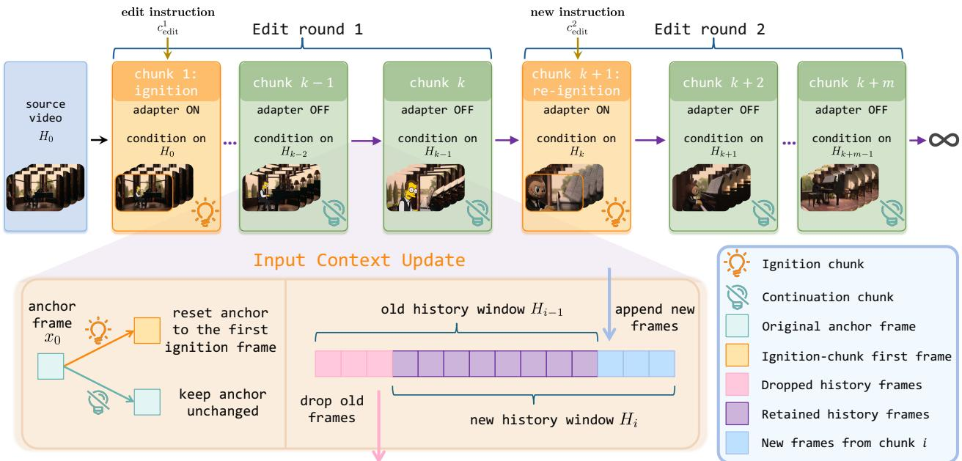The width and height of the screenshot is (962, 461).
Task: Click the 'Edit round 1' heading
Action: pos(307,29)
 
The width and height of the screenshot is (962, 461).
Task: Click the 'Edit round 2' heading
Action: pos(710,29)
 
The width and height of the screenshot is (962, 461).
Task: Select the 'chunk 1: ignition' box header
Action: pos(166,81)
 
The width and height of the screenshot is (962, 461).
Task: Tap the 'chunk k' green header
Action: pos(437,81)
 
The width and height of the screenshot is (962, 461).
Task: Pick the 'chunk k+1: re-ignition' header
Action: pos(576,81)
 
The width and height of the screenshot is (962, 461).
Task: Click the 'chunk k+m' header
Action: pos(851,81)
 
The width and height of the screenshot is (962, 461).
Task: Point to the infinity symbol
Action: pos(944,140)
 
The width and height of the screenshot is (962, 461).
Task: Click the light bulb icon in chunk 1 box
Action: pos(205,212)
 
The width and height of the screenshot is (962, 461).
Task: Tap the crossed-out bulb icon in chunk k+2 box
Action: pos(763,213)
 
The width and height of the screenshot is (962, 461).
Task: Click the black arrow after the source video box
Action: pos(99,140)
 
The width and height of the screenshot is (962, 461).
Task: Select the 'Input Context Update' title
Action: pos(359,260)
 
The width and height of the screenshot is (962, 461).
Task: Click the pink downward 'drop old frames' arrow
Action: pos(379,425)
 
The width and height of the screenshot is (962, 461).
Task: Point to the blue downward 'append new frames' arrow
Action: pos(609,304)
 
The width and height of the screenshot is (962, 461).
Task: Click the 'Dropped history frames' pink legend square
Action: pos(737,384)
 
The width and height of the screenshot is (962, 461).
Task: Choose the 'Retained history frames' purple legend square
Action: pos(737,413)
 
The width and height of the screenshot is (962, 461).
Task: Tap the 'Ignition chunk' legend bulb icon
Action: pos(736,262)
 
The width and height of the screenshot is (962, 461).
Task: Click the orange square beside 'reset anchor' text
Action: pos(147,330)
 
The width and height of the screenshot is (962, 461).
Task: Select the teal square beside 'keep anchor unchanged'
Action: pos(147,402)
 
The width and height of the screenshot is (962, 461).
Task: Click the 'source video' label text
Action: pos(45,111)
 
